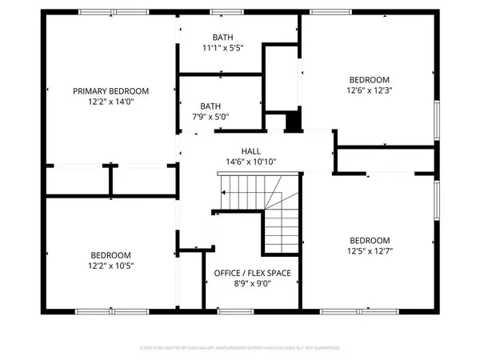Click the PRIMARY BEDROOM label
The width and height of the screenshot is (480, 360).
click(x=111, y=91)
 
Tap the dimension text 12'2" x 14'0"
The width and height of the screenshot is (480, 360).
click(x=111, y=103)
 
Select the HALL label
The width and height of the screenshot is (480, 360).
click(x=251, y=150)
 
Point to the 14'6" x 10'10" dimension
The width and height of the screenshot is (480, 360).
click(x=251, y=162)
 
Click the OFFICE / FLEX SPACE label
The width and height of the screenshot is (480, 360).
click(x=252, y=274)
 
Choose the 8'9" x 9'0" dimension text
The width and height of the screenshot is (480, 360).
click(x=252, y=286)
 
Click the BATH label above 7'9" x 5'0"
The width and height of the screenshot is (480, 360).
click(x=210, y=105)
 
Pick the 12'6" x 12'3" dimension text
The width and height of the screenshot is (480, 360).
click(x=369, y=91)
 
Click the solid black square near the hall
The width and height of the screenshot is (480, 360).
click(x=293, y=122)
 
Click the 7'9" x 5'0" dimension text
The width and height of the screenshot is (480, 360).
click(x=210, y=117)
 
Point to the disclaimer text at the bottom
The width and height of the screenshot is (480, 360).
click(x=240, y=349)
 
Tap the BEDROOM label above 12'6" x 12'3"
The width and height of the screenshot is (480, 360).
click(x=369, y=79)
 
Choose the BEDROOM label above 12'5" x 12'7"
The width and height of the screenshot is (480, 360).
click(x=369, y=241)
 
